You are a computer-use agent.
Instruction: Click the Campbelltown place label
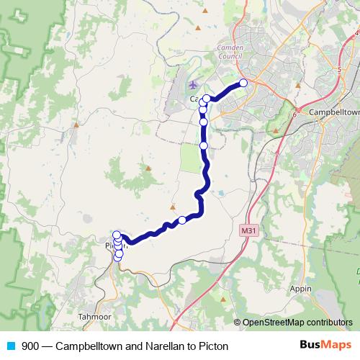tap(333, 113)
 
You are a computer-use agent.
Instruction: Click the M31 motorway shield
tap(248, 230)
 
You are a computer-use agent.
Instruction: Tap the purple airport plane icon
tap(192, 86)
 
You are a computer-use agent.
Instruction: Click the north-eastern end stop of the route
tap(243, 83)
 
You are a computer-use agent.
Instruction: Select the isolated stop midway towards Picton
tap(182, 220)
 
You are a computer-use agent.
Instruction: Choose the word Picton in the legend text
tap(212, 346)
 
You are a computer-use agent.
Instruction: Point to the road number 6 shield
tap(294, 114)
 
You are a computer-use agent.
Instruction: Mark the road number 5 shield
tap(339, 70)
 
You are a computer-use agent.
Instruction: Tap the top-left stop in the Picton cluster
tap(117, 235)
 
